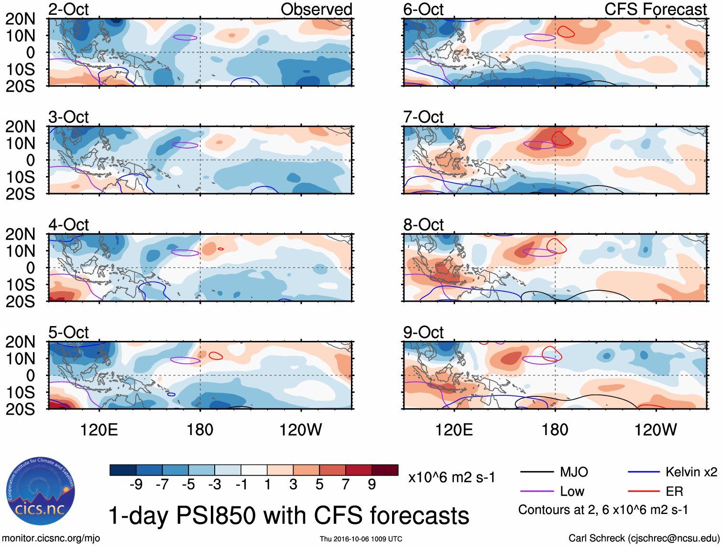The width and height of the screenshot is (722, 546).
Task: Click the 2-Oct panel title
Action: click(68, 9)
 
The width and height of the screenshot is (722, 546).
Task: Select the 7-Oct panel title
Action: click(423, 117)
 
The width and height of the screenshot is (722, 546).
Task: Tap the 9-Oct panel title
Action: click(423, 332)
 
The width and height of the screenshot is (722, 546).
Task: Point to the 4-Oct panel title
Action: click(68, 224)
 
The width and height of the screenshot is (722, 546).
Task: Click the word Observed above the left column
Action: click(316, 9)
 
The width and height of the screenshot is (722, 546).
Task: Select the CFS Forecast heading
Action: click(655, 9)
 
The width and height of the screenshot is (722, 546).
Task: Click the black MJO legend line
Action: click(536, 472)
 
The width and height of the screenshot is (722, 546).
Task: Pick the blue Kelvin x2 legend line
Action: click(644, 472)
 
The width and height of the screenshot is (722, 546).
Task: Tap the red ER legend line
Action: click(644, 491)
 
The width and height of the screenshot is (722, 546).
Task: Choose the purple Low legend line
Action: click(536, 491)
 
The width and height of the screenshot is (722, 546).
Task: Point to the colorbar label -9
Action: click(136, 485)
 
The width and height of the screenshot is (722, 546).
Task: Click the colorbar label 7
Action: click(345, 485)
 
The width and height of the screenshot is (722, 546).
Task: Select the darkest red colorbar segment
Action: click(385, 470)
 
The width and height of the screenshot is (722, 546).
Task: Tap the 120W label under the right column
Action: click(655, 430)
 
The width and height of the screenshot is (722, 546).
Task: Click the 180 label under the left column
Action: click(200, 430)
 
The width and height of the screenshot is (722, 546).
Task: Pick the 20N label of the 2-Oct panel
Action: click(20, 19)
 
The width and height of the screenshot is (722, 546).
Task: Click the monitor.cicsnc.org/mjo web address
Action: click(51, 538)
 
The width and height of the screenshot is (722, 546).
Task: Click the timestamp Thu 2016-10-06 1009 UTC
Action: click(361, 539)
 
